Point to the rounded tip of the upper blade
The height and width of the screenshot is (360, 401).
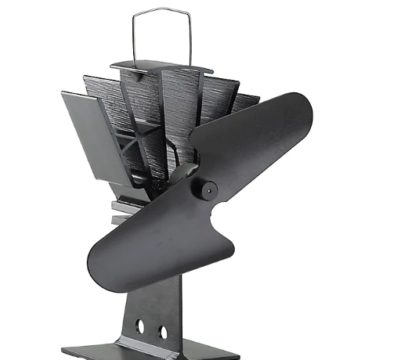[302, 110]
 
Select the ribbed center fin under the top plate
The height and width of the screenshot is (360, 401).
[149, 117]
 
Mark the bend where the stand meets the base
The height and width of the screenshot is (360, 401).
[141, 339]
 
